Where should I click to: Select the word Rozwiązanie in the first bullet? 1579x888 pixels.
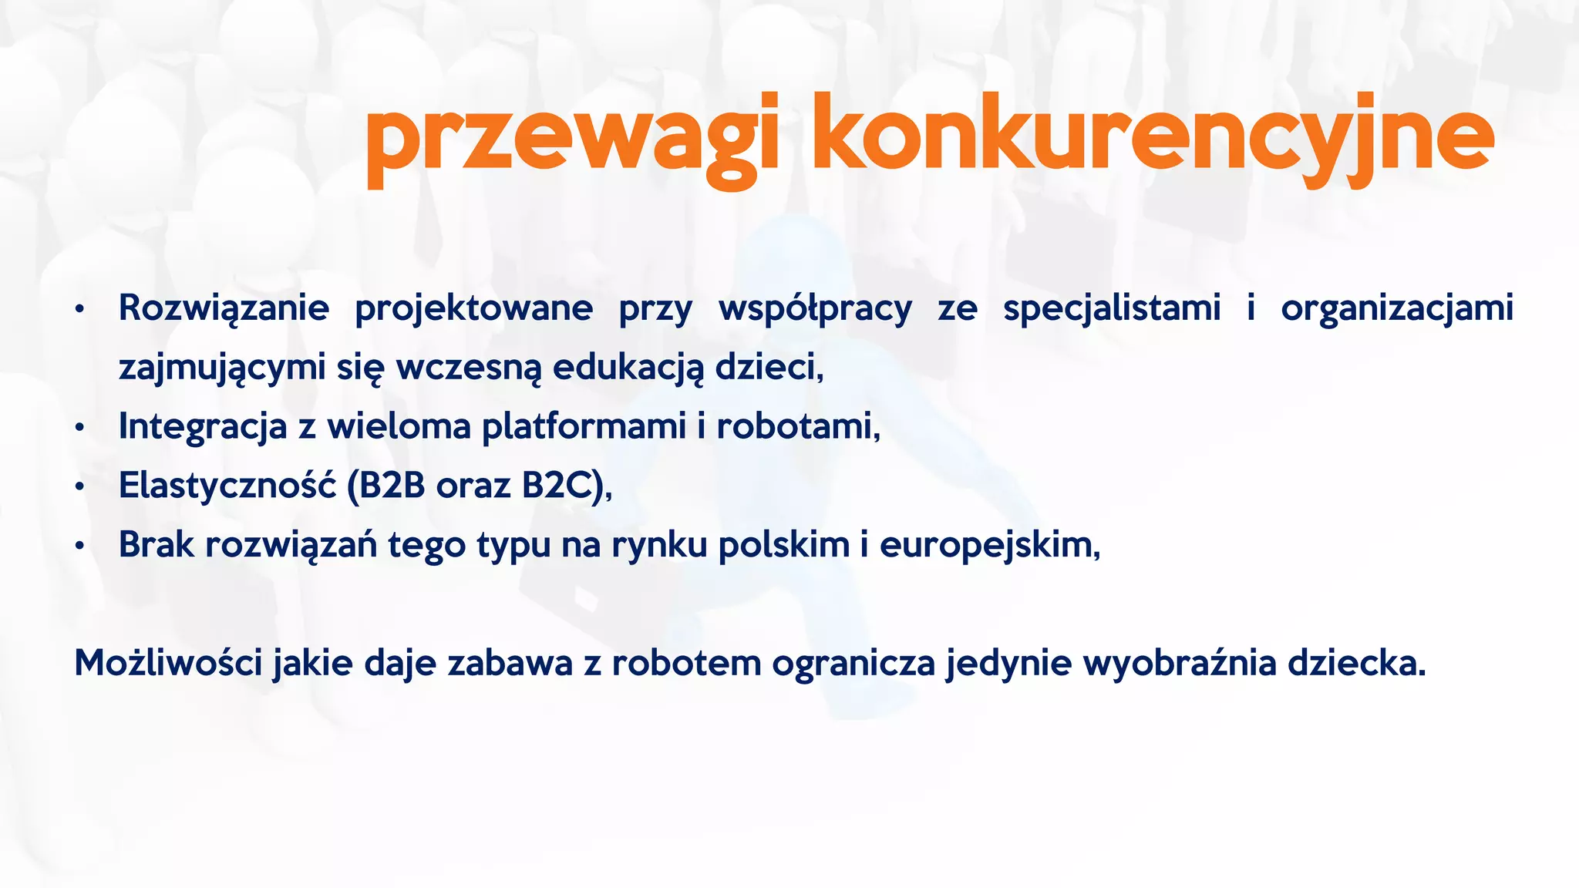pos(224,308)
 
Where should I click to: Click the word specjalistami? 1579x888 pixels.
pos(1112,308)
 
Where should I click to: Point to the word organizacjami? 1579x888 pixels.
pos(1397,308)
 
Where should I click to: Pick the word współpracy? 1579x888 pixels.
pos(815,308)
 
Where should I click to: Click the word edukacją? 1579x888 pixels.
pos(628,367)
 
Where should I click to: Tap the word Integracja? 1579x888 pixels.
pos(202,426)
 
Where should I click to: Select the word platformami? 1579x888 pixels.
pos(584,426)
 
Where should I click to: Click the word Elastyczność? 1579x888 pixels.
pos(227,486)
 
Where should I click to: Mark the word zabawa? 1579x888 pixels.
pos(510,663)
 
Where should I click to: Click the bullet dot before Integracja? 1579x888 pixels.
pos(79,428)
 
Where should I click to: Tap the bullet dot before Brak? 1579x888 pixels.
pos(79,547)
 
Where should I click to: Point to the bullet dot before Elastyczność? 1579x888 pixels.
pos(79,487)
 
